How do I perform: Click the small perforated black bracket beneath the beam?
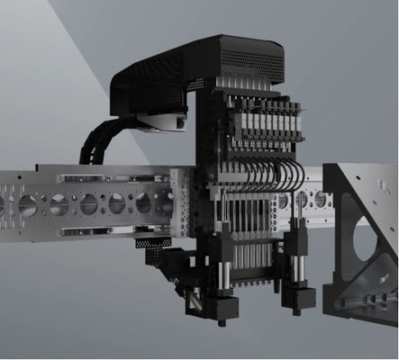click(x=153, y=243)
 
